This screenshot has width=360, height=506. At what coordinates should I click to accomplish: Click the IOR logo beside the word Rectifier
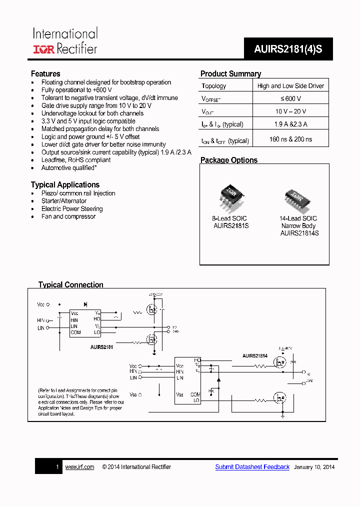tap(44, 49)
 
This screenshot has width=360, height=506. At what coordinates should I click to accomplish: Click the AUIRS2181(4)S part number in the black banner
tap(288, 49)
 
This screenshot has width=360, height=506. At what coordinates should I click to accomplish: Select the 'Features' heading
tap(45, 74)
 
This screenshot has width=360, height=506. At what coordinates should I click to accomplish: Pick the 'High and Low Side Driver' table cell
tap(290, 86)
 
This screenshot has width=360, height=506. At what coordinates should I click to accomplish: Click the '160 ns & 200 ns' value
tap(290, 139)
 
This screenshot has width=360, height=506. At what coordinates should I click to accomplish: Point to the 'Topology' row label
tap(213, 86)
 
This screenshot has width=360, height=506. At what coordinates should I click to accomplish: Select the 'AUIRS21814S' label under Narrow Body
tap(299, 233)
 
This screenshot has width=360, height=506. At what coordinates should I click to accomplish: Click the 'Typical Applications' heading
tap(65, 185)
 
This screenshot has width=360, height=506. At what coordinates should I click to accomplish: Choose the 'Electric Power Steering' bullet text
tap(72, 209)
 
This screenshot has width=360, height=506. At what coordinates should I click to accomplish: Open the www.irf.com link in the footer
tap(79, 467)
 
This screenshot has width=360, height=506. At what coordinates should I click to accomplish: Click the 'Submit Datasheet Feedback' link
tap(252, 467)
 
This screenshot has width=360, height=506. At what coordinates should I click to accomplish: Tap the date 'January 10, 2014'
tap(314, 467)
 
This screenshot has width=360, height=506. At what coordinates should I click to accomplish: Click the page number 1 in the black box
tap(57, 467)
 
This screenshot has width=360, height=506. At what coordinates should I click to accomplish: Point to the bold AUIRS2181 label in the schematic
tap(101, 346)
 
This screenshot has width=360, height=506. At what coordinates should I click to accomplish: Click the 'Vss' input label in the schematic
tap(134, 394)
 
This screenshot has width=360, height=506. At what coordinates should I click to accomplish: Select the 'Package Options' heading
tap(229, 160)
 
